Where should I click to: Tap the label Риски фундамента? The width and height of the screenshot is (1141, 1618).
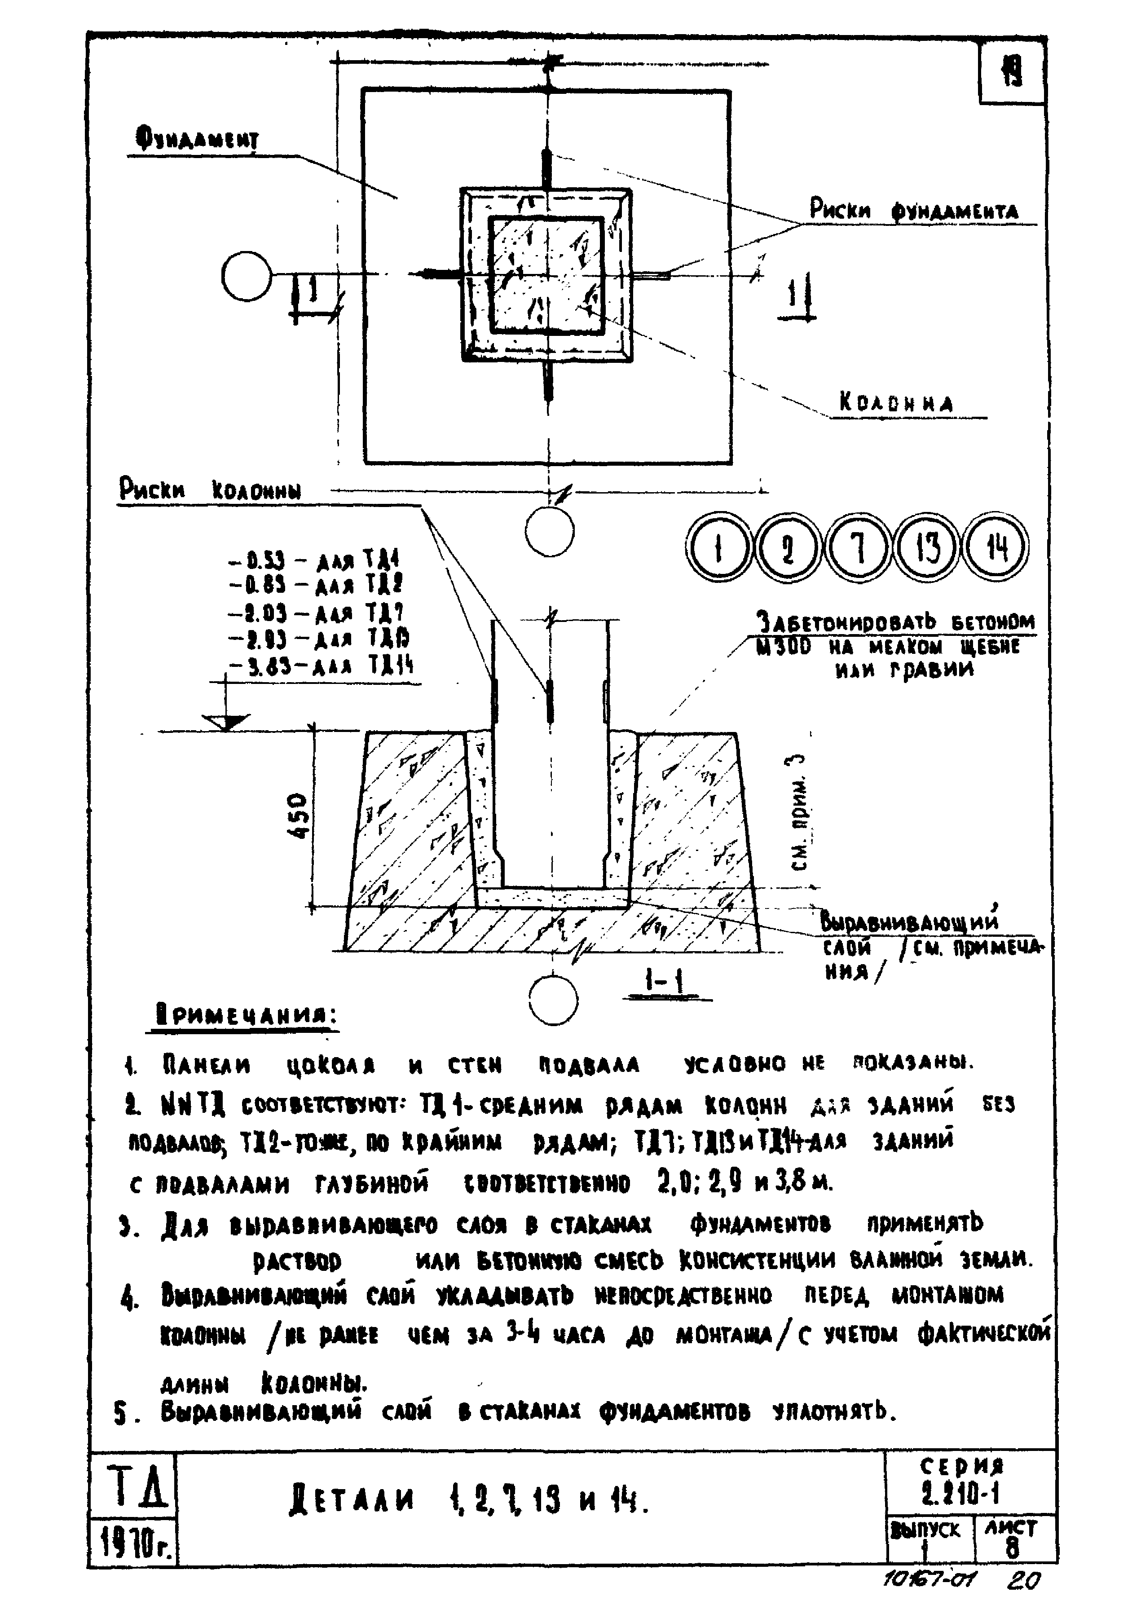(913, 211)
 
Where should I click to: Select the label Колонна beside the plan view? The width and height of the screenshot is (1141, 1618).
(896, 403)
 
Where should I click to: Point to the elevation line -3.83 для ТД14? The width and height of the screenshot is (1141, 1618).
(322, 665)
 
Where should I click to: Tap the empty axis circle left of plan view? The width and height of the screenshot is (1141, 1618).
(246, 276)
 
